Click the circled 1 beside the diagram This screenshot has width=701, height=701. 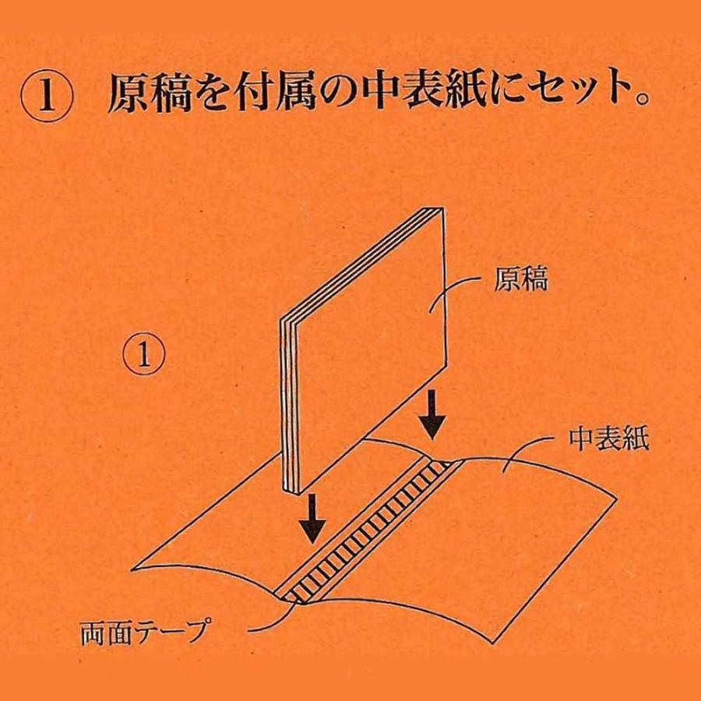click(143, 355)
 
